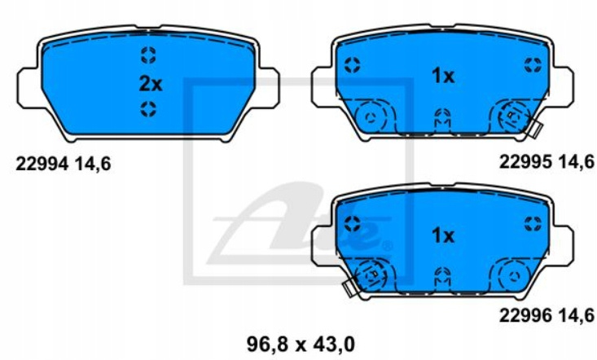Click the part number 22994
[x=42, y=164]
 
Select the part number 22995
[x=525, y=162]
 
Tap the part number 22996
[x=525, y=315]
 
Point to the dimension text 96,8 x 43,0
[x=301, y=345]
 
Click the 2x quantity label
[x=151, y=84]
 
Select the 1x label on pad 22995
[x=443, y=76]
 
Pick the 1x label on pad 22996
[x=443, y=235]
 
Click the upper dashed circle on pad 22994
[x=148, y=55]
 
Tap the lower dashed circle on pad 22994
[x=148, y=109]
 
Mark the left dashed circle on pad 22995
[x=352, y=65]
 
